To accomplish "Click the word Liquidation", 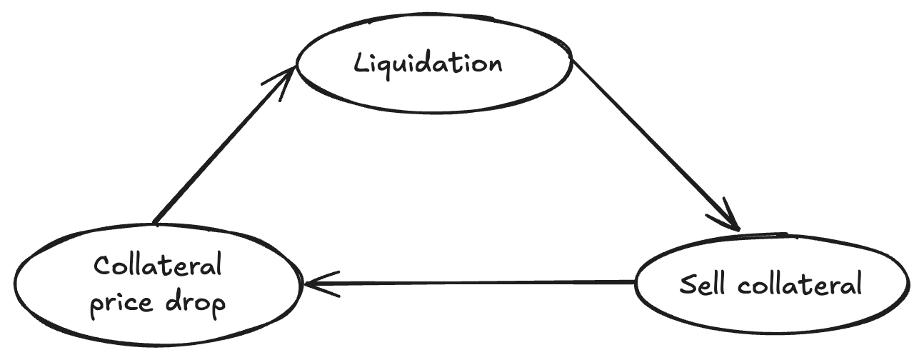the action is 428,65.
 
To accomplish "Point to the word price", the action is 121,304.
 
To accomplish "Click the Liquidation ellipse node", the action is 434,63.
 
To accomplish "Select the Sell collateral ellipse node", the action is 772,283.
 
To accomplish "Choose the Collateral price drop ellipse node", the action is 157,286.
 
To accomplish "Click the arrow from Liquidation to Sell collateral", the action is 656,145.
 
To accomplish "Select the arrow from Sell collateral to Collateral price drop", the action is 468,283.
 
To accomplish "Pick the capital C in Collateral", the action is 103,265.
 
